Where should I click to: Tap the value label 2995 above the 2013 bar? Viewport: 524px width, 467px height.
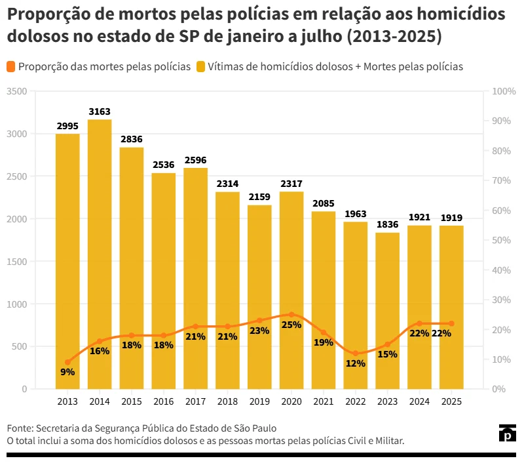click(x=67, y=126)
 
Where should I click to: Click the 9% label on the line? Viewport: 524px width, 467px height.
click(x=67, y=372)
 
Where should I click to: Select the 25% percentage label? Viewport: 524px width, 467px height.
click(x=291, y=325)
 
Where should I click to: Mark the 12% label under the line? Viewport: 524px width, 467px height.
click(x=355, y=363)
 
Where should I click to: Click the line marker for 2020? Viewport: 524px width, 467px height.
click(x=291, y=314)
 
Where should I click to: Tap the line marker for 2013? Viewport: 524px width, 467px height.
click(x=67, y=362)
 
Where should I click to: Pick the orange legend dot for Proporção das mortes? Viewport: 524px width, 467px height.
click(x=11, y=66)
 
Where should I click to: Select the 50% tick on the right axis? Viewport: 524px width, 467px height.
click(x=502, y=240)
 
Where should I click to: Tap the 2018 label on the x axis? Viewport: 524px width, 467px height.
click(x=227, y=401)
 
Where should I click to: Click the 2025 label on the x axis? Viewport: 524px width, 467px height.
click(x=451, y=401)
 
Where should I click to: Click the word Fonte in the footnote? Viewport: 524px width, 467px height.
click(x=20, y=428)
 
